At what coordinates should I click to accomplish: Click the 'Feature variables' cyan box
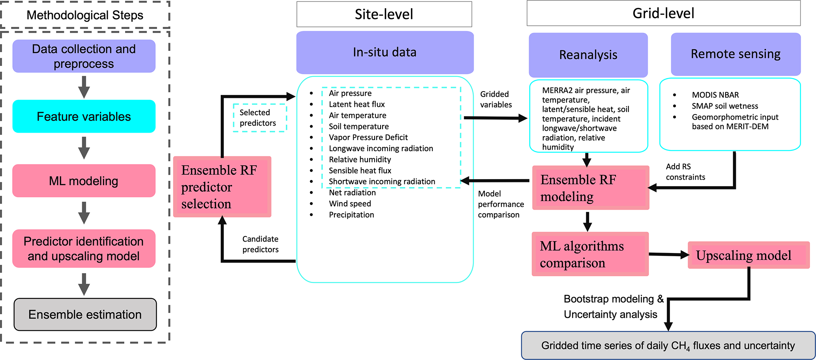[x=84, y=116]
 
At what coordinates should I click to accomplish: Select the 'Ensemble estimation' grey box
[x=85, y=314]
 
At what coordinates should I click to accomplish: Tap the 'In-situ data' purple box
[x=385, y=52]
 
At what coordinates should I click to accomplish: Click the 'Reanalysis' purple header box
[x=588, y=55]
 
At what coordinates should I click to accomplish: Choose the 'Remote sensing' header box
[x=735, y=54]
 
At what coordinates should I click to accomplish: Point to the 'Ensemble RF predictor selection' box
[x=222, y=187]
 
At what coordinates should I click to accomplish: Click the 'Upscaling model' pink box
[x=748, y=255]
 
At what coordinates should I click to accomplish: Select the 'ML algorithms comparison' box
[x=590, y=254]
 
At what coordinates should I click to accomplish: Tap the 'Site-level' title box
[x=384, y=14]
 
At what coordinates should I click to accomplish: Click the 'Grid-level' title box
[x=663, y=13]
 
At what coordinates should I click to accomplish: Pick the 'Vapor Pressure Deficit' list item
[x=368, y=137]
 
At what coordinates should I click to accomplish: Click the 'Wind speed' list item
[x=350, y=204]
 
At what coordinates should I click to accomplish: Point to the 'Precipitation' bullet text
[x=351, y=215]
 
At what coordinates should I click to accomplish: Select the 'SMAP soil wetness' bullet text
[x=724, y=106]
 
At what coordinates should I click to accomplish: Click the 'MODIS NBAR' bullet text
[x=715, y=95]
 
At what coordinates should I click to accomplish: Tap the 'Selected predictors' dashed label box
[x=259, y=118]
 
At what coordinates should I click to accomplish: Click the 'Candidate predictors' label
[x=260, y=244]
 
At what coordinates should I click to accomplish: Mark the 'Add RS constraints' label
[x=685, y=172]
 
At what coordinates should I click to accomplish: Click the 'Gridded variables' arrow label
[x=495, y=99]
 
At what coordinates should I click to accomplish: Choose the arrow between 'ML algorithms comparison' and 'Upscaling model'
[x=668, y=255]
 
